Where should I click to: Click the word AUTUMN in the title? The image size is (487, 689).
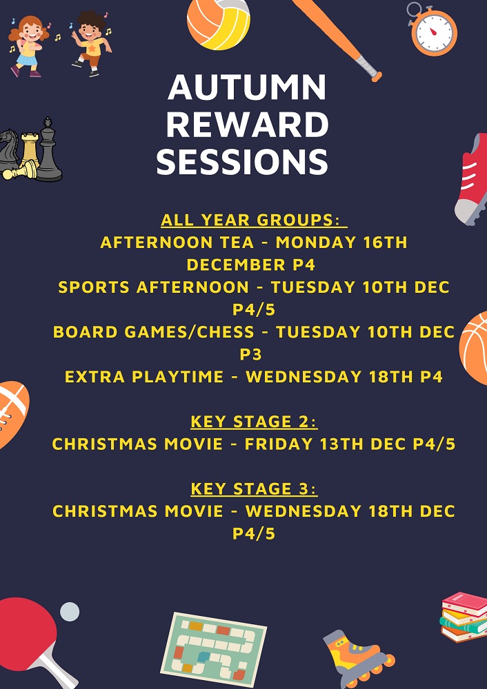point(247,88)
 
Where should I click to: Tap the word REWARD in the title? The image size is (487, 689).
point(247,125)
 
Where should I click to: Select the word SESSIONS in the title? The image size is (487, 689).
point(242,162)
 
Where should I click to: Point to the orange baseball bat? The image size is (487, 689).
point(337,39)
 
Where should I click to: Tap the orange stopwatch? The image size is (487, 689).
point(433,29)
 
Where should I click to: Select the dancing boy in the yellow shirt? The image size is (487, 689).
point(92,43)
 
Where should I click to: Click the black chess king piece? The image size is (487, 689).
point(48,151)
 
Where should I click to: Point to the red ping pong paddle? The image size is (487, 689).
point(32,636)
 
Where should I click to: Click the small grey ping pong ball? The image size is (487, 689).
point(70,612)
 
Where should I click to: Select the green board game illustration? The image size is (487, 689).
point(213,650)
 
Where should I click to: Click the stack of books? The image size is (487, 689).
point(464,617)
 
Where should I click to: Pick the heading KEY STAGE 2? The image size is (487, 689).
point(254,422)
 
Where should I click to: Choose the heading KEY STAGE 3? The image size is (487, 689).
point(254,489)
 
